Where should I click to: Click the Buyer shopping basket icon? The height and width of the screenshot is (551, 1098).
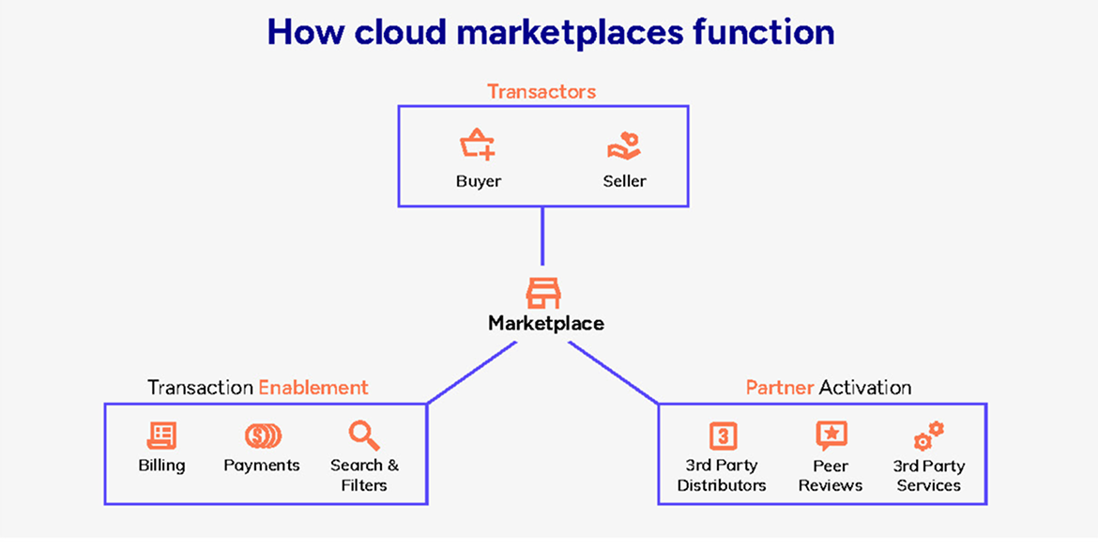coord(478,145)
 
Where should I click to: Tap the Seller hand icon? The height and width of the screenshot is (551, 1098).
coord(624,145)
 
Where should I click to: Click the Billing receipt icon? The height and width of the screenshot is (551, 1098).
coord(161,436)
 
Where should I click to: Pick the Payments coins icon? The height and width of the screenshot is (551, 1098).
coord(263,436)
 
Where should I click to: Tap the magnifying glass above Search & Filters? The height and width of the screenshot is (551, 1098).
coord(363,436)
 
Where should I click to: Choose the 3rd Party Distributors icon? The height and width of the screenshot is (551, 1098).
coord(722,436)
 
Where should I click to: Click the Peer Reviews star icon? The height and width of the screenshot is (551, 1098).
coord(831,436)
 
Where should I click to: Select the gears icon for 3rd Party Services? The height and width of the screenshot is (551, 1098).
coord(929,436)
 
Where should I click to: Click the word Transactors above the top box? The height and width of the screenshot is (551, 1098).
coord(541,92)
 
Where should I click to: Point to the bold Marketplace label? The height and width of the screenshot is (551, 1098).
coord(546,324)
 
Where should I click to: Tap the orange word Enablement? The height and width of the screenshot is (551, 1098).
coord(313,387)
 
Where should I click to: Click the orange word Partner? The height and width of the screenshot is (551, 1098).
coord(780,387)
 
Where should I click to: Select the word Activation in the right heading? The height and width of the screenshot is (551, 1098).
coord(864,387)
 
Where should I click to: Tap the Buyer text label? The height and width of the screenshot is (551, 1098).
coord(479,181)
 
